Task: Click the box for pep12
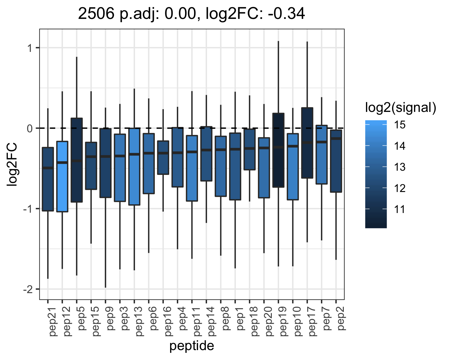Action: (62, 176)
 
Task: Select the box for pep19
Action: (278, 150)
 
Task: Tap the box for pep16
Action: (163, 157)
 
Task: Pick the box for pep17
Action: (307, 143)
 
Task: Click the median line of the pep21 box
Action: (48, 168)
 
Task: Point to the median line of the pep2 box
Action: (336, 139)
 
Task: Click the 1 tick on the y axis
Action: (30, 48)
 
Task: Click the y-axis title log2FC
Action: (12, 164)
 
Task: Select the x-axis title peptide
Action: (191, 346)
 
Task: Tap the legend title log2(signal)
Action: (401, 108)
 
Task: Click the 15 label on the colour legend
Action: (400, 125)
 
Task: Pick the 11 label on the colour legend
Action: (400, 209)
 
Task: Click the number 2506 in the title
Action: (96, 14)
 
